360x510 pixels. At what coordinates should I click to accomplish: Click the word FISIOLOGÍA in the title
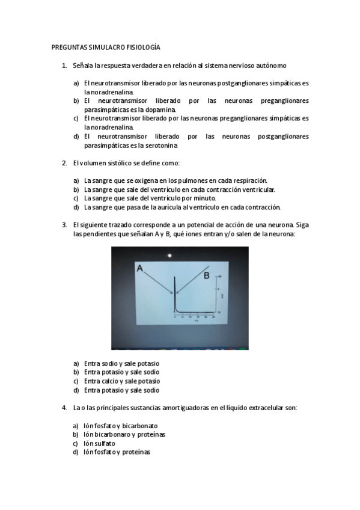[x=143, y=47]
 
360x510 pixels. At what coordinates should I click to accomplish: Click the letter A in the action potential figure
[x=139, y=269]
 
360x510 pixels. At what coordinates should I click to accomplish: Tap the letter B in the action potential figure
[x=206, y=275]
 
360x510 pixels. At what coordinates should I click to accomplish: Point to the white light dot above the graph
[x=170, y=256]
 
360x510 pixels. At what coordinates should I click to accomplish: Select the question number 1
[x=64, y=65]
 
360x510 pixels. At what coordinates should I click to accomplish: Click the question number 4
[x=64, y=408]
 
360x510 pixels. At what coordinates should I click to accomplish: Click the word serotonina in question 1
[x=162, y=145]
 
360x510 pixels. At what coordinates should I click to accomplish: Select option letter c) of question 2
[x=76, y=198]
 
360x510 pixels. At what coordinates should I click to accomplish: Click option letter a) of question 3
[x=76, y=363]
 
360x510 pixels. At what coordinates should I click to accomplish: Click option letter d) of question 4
[x=76, y=452]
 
